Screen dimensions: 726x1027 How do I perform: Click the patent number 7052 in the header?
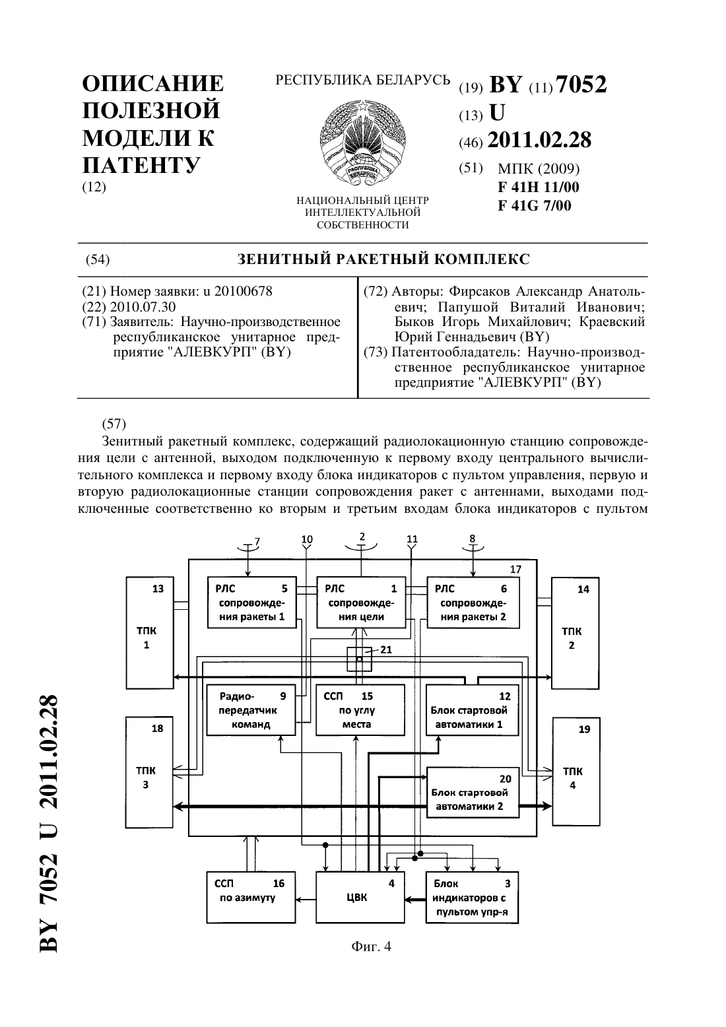581,84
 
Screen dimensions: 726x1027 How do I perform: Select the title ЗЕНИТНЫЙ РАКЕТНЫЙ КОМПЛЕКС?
383,259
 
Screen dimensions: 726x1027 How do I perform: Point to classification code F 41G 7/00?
535,205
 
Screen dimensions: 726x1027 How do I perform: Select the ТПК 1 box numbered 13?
150,633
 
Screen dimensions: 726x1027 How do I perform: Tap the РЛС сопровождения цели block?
361,603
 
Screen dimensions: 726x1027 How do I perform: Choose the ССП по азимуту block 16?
251,898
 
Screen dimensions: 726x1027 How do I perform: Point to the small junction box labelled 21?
359,659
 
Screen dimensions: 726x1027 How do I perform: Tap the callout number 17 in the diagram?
515,569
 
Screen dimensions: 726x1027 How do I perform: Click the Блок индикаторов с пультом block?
473,898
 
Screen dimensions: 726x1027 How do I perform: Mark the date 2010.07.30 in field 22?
143,307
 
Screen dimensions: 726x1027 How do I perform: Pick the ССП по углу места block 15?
361,710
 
